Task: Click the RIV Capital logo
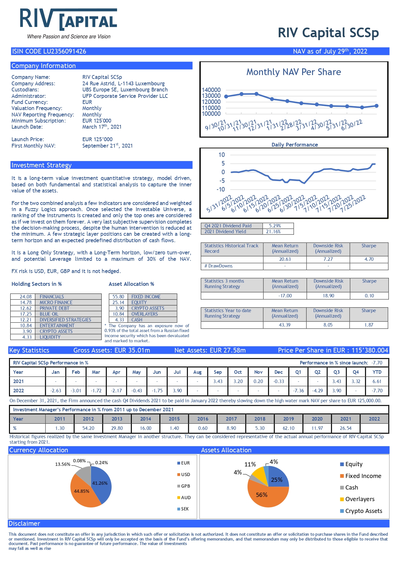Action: click(69, 23)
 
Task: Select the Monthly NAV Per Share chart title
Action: click(293, 72)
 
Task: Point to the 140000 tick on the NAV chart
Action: click(211, 90)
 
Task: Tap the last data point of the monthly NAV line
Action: click(377, 106)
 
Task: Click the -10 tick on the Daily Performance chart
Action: click(221, 189)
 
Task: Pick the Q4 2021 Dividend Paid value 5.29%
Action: click(275, 226)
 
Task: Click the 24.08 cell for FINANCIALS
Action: click(26, 297)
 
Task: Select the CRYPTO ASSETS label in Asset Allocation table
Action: click(148, 308)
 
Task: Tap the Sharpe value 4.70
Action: click(369, 259)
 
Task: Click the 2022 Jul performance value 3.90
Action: click(177, 391)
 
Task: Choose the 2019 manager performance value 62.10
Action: click(289, 428)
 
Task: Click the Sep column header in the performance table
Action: click(218, 372)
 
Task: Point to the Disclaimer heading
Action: click(24, 524)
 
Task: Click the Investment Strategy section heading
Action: click(41, 165)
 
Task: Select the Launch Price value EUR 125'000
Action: click(97, 139)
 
